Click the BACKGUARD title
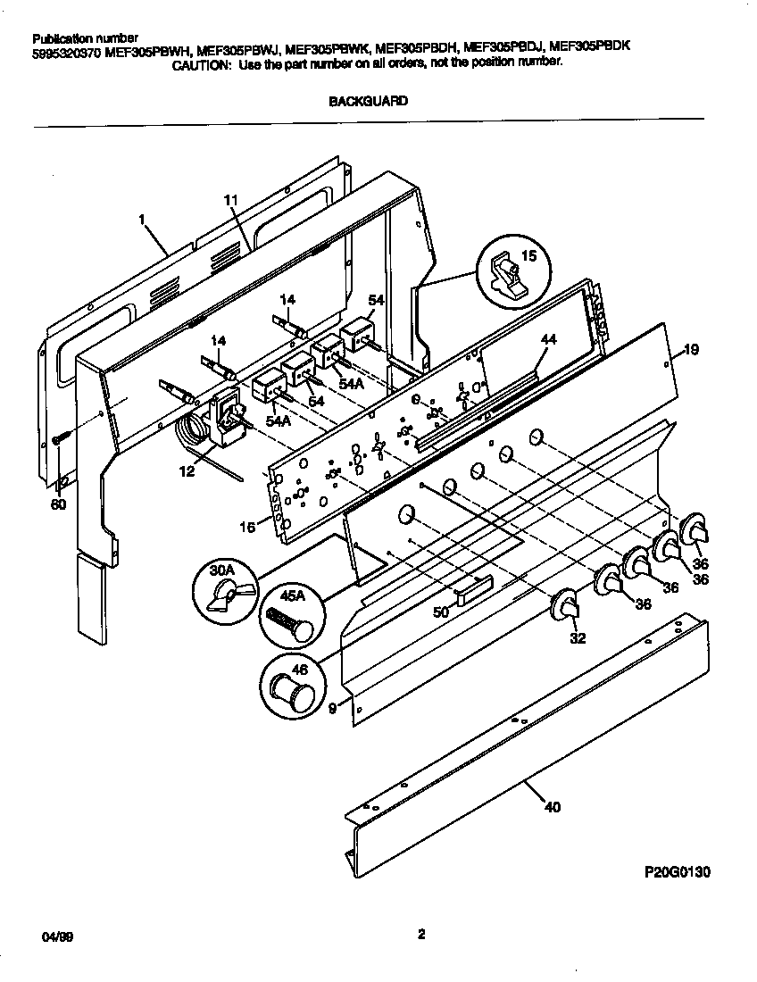point(368,101)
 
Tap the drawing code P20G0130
point(676,871)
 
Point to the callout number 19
point(690,349)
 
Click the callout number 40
point(552,808)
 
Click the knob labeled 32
point(565,606)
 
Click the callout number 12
point(187,472)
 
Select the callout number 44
point(547,340)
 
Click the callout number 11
point(229,201)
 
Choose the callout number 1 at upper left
point(141,218)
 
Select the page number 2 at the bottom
point(420,936)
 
